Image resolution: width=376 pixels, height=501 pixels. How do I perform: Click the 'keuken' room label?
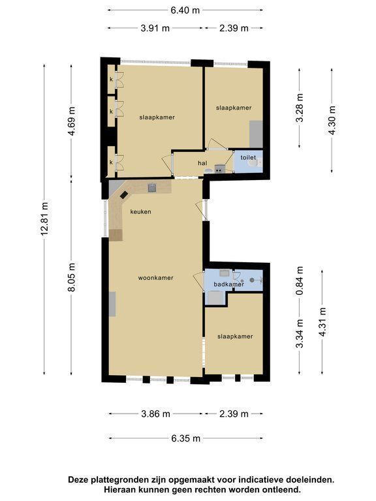tap(140, 211)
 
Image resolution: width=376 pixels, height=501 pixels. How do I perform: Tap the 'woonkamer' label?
tap(156, 278)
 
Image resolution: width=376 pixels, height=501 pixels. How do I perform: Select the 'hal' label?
tap(202, 163)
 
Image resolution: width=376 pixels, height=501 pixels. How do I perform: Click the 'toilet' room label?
tap(248, 157)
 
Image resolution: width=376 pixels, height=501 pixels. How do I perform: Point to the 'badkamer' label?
tap(229, 284)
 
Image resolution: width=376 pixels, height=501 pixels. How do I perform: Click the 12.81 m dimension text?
tap(44, 219)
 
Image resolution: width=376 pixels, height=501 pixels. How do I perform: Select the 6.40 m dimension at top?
tap(185, 10)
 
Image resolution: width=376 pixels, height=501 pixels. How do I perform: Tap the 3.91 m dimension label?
tap(155, 28)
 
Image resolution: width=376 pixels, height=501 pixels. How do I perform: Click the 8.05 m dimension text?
tap(71, 277)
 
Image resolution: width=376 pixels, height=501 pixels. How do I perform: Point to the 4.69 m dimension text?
tap(71, 121)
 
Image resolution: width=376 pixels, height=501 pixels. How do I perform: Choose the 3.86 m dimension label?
tap(156, 414)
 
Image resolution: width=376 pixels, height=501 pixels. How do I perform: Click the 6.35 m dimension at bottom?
tap(186, 438)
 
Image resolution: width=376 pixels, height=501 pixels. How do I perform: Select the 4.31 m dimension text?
tap(322, 322)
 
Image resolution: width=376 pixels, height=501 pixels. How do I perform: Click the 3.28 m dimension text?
tap(300, 108)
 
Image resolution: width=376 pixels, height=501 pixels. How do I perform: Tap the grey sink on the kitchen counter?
tap(152, 188)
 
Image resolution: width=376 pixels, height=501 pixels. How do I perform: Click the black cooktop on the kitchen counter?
tap(124, 194)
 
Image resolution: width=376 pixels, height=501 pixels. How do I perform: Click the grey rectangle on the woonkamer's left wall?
tap(112, 304)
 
